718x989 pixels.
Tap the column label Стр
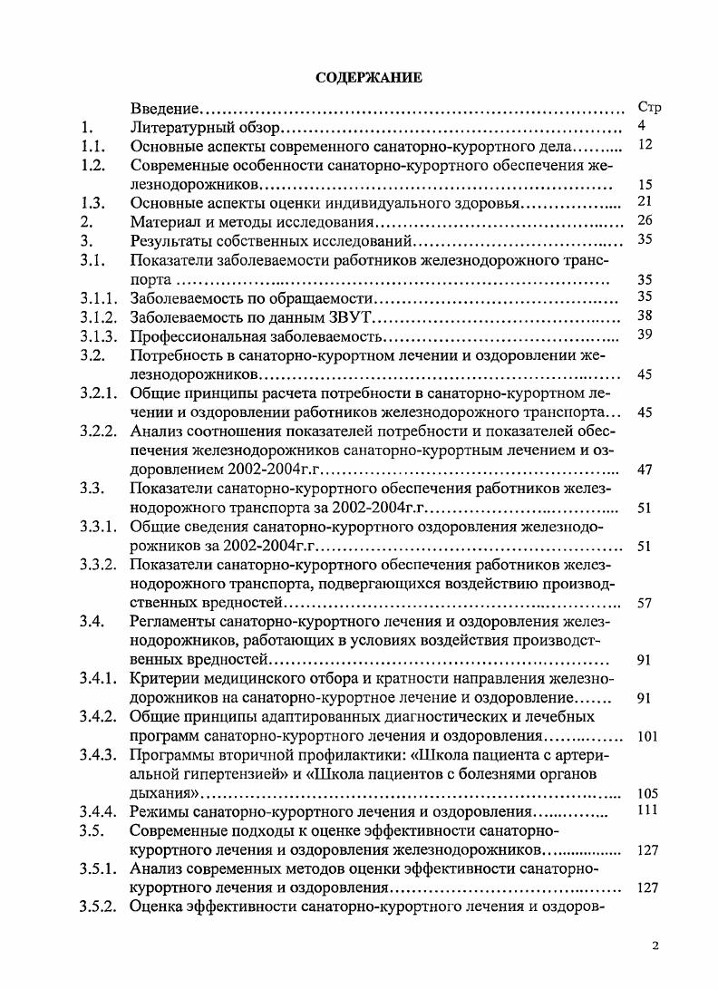[649, 108]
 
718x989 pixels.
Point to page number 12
[645, 144]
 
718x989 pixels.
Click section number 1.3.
[92, 202]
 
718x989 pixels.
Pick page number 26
[645, 220]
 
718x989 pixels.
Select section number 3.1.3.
[96, 335]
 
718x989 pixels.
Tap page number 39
[645, 335]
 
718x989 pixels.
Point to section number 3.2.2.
[96, 430]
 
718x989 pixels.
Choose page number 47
[645, 469]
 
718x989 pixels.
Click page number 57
[645, 603]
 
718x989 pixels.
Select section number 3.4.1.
[96, 679]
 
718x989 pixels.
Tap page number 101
[647, 736]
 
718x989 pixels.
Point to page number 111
[647, 810]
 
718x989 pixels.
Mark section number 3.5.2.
[96, 907]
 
